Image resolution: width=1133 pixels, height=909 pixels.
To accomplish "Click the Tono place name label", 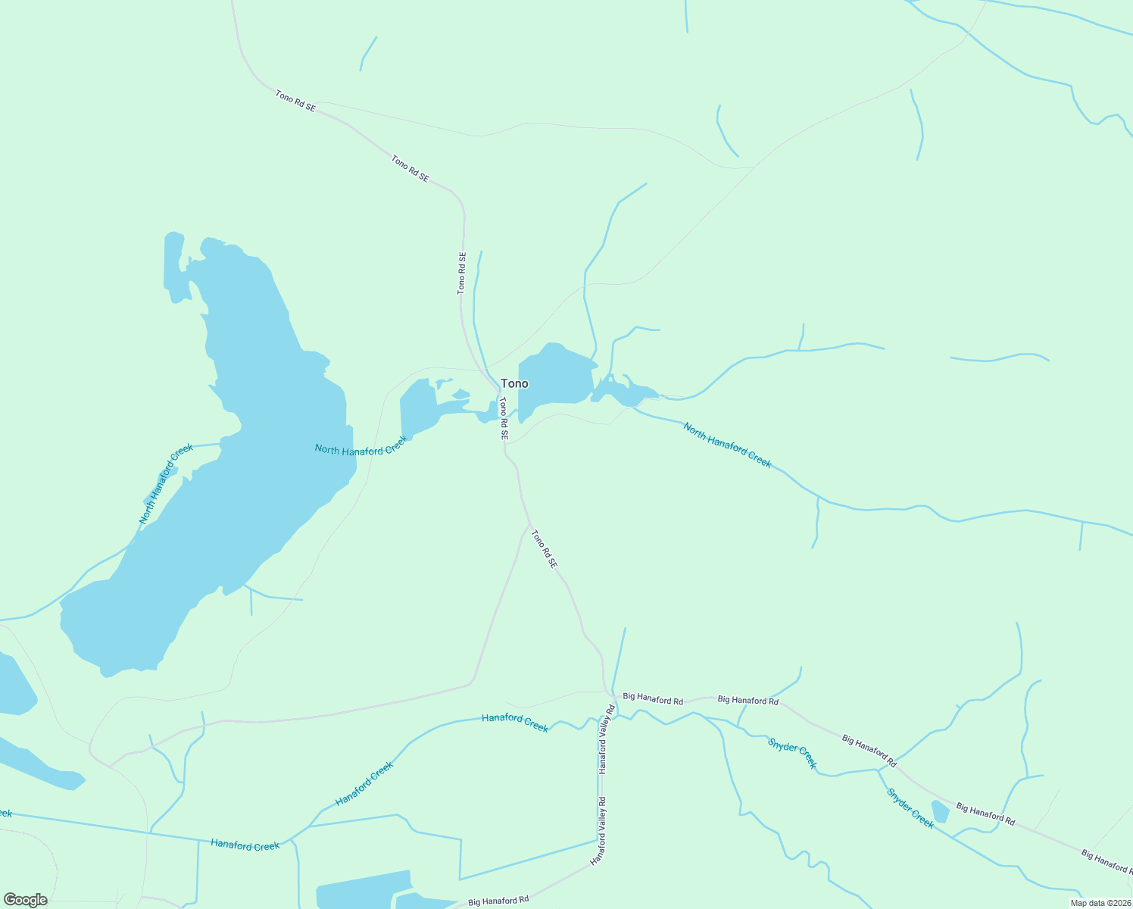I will point(514,383).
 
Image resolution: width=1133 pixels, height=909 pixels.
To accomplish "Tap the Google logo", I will point(25,900).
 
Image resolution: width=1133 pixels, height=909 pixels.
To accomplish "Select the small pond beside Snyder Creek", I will point(940,811).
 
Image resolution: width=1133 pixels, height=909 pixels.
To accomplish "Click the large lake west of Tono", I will point(227,470).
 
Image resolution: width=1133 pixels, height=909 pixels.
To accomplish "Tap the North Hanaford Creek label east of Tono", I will point(727,445).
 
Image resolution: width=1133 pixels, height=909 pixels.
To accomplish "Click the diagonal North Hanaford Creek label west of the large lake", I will point(166,484).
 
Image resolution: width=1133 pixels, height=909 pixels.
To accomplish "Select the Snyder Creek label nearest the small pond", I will point(910,809).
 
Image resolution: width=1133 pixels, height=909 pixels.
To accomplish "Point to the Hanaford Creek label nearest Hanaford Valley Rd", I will point(515,722).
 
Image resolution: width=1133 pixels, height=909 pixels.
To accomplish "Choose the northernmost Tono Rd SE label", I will point(295,102).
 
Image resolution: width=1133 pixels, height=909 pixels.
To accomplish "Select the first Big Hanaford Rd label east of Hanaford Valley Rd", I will point(653,699).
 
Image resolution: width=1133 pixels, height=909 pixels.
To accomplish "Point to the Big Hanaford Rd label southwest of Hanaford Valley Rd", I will point(498,901).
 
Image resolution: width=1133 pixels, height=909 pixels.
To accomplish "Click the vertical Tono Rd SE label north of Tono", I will point(461,273).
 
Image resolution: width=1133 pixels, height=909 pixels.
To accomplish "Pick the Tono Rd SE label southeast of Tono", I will point(544,549).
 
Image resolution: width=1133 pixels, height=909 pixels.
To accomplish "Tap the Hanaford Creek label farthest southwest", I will point(245,845).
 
